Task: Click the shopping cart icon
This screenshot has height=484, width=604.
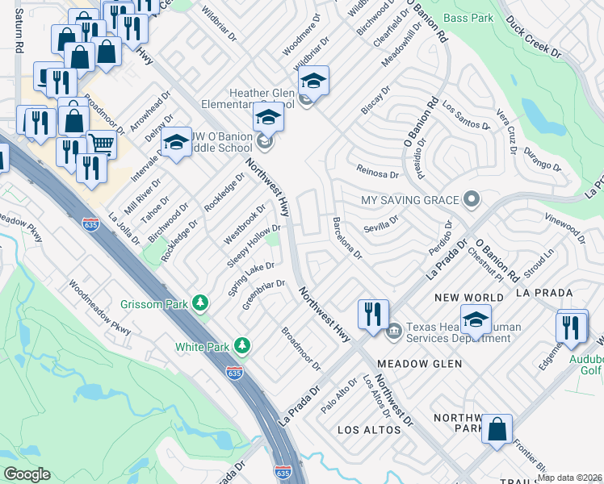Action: coord(101,145)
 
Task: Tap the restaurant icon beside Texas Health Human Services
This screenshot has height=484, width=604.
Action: coord(373,313)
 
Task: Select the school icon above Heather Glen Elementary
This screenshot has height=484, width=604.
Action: coord(313,80)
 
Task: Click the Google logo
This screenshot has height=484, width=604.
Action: coord(27,474)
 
